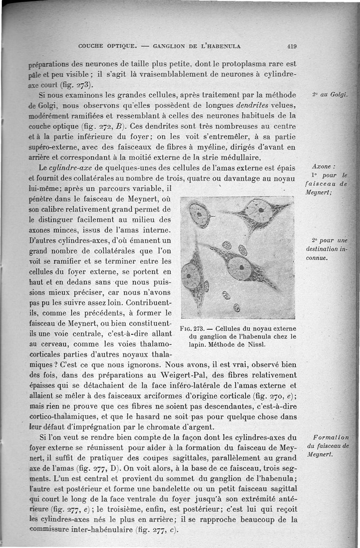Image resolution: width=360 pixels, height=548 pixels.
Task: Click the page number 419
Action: pos(292,45)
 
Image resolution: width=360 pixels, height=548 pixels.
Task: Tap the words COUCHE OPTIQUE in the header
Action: pos(108,45)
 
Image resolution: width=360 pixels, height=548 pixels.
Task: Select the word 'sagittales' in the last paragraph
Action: pos(197,458)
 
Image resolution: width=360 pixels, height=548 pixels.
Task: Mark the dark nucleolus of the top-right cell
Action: pos(261,210)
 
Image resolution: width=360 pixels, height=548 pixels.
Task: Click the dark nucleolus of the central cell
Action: pos(242,267)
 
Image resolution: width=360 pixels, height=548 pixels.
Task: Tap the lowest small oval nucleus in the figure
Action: pos(237,308)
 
